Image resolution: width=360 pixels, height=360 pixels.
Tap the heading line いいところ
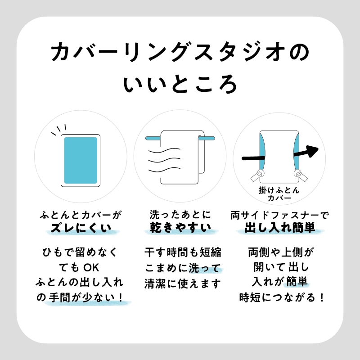pos(180,84)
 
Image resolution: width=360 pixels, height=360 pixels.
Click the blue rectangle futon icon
pos(81,160)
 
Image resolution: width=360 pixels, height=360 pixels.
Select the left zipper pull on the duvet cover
pos(257,175)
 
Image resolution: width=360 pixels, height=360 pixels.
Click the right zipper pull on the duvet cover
pos(301,175)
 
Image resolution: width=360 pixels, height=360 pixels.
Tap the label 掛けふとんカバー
pos(279,194)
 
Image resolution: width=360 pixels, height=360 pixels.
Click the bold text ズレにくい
pos(81,228)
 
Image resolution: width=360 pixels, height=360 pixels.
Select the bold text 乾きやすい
pos(180,228)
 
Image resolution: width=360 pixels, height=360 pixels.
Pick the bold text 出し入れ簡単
pos(280,228)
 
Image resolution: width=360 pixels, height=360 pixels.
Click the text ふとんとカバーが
pos(81,215)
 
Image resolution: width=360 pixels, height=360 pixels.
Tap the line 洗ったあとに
pos(180,215)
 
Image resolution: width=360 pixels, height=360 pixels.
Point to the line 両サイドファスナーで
pos(280,215)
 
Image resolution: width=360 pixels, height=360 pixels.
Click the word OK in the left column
pos(91,268)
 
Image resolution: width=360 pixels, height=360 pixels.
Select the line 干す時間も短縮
pos(183,252)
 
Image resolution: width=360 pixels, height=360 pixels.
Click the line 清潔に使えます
pos(183,284)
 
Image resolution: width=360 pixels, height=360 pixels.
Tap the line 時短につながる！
pos(282,298)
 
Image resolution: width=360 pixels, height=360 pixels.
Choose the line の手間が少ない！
pos(81,298)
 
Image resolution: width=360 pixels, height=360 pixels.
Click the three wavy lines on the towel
pos(164,160)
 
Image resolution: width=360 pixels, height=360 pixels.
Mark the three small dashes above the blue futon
pos(59,130)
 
